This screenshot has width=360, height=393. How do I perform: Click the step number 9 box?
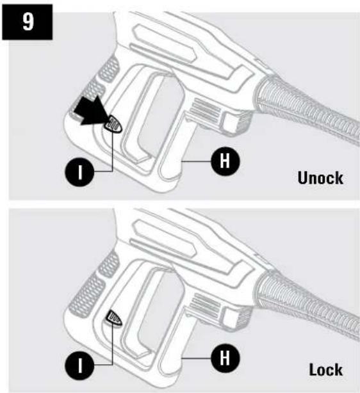tap(28, 22)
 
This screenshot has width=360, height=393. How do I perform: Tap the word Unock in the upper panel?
tap(320, 178)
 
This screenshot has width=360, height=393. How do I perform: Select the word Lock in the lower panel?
tap(325, 369)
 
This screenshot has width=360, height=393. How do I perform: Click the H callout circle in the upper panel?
tap(225, 161)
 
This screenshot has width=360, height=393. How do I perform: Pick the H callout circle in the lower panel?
tap(225, 358)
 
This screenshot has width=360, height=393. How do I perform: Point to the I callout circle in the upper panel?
tap(80, 172)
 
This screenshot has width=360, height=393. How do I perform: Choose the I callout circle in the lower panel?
tap(80, 365)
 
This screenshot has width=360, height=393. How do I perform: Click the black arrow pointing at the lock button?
tap(93, 111)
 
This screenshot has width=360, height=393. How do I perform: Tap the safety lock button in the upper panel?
tap(113, 124)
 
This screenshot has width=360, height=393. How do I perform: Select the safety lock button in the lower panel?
tap(113, 317)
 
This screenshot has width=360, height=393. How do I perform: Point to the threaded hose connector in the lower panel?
tap(307, 305)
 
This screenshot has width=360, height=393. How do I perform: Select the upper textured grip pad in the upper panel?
tap(109, 69)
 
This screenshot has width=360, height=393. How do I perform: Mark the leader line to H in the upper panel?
tap(196, 161)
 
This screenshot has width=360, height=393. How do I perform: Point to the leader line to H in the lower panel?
tap(196, 358)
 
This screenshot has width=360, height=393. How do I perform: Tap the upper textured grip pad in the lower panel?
tap(109, 264)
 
